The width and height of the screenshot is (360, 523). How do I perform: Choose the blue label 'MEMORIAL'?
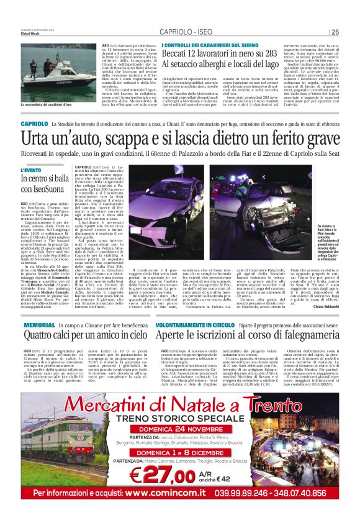[38, 325]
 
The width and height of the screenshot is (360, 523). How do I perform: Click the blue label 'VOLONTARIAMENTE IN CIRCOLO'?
[195, 325]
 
